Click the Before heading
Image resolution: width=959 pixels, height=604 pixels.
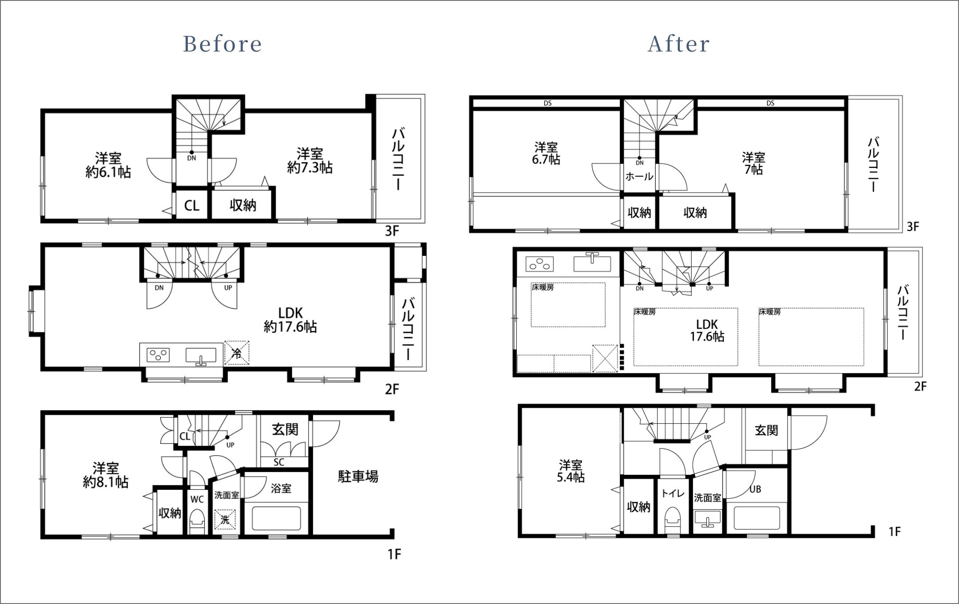pos(222,44)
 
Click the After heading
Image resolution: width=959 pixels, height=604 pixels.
pos(679,44)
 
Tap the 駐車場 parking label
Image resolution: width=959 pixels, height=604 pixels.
pos(358,477)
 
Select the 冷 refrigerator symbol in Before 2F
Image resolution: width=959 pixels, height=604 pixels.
pos(237,353)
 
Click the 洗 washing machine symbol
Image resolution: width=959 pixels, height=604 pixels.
pos(225,520)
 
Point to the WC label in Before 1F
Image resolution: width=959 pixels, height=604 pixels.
pos(197,499)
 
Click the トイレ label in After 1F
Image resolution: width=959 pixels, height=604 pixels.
pos(673,493)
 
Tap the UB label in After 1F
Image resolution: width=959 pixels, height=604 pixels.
pos(755,489)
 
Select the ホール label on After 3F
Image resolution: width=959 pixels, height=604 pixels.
pos(639,176)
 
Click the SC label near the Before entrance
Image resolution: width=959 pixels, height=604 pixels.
pos(279,462)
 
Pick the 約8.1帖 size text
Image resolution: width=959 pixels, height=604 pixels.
pos(106,482)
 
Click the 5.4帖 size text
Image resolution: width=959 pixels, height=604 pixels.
pos(571,477)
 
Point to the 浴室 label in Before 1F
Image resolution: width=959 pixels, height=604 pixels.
pos(281,489)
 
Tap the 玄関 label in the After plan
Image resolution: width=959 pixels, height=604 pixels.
pos(766,430)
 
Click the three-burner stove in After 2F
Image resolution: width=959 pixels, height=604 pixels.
pos(539,264)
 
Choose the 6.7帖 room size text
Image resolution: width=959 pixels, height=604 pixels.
pos(546,159)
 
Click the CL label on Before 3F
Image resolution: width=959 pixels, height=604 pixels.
pos(191,206)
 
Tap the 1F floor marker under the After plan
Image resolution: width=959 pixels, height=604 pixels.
pos(895,532)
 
